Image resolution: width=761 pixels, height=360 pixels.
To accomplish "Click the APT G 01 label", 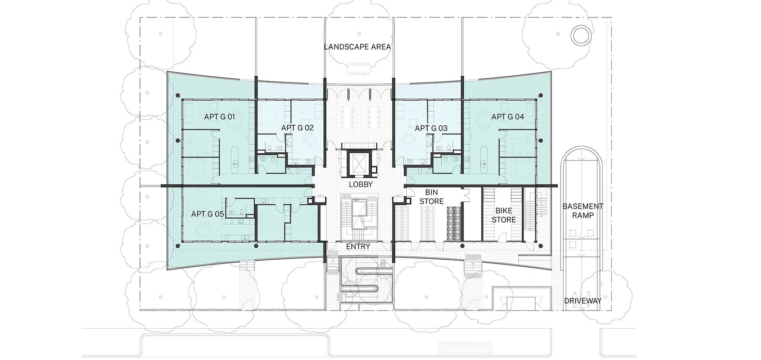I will click(x=219, y=116).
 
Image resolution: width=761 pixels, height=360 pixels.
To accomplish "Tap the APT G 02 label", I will click(x=297, y=128).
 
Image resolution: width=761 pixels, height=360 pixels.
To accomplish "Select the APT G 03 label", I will click(x=431, y=128).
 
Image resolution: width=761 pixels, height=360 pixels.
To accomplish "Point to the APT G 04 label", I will click(x=507, y=116).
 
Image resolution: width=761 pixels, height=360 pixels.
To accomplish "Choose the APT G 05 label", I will click(x=207, y=214).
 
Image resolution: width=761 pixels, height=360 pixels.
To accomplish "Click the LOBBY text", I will click(x=361, y=184).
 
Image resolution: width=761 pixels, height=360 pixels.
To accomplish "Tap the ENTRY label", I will click(x=358, y=246).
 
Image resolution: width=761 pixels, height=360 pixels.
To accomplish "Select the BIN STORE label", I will click(x=431, y=197).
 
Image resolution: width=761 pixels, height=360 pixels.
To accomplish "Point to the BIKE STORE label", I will click(x=504, y=215).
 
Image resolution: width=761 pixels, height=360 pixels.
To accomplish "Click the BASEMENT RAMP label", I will click(x=582, y=211).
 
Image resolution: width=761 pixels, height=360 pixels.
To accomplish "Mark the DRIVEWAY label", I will click(x=582, y=301).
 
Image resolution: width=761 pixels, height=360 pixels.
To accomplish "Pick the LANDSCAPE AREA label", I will click(x=357, y=47).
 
